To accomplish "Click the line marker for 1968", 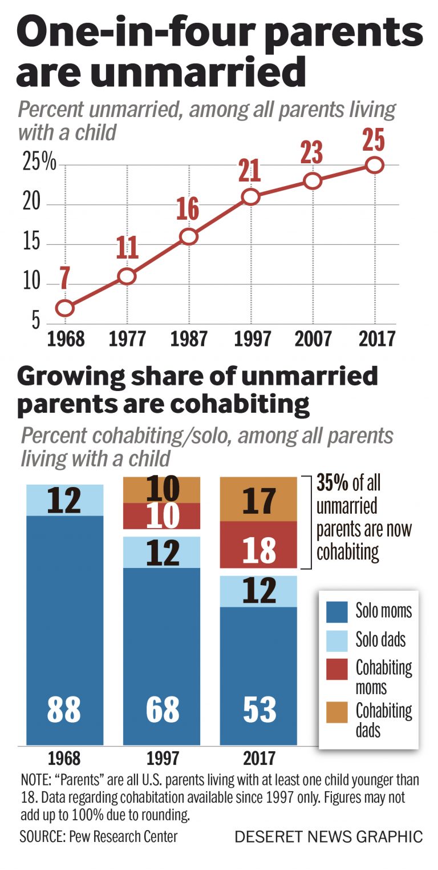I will (65, 308).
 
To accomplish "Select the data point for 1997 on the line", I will (250, 197).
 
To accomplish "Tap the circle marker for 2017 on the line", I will (374, 165).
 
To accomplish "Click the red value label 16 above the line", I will (188, 210).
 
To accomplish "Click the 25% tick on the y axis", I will (39, 164).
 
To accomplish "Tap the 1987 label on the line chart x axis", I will (189, 339).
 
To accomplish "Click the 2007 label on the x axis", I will (313, 339).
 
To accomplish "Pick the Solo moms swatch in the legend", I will (337, 612).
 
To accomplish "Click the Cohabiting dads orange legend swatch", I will (337, 712).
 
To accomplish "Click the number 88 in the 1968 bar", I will (64, 709).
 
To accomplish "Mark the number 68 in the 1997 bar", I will (163, 709).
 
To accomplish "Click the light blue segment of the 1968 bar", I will (65, 500).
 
